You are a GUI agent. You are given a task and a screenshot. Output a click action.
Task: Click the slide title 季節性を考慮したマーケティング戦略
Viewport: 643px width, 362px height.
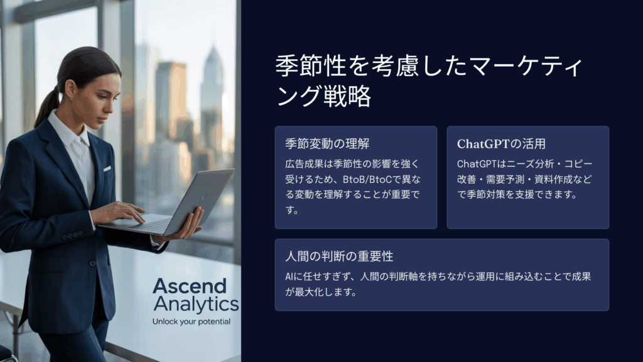tap(429, 81)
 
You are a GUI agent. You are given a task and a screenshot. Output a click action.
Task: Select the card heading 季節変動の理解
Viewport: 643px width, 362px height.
tap(327, 144)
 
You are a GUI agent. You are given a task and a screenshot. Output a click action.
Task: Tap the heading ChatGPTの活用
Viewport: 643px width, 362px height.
tap(501, 144)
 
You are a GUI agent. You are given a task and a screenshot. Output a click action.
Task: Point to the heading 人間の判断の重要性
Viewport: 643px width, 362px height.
tap(339, 256)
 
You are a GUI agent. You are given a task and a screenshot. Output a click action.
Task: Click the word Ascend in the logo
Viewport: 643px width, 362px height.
tap(190, 286)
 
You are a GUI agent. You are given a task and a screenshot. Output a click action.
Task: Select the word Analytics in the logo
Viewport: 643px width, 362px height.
tap(196, 304)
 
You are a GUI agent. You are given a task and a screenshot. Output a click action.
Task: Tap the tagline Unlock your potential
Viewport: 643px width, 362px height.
tap(192, 321)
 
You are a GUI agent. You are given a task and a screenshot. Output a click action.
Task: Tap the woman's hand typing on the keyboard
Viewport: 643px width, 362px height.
tap(118, 212)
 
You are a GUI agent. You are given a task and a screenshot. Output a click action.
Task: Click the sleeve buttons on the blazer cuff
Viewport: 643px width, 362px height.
tap(73, 236)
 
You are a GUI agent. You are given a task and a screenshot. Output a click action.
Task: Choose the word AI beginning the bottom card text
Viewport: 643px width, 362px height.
tap(289, 277)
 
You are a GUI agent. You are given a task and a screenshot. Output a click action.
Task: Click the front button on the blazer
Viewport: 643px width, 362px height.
tap(93, 263)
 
